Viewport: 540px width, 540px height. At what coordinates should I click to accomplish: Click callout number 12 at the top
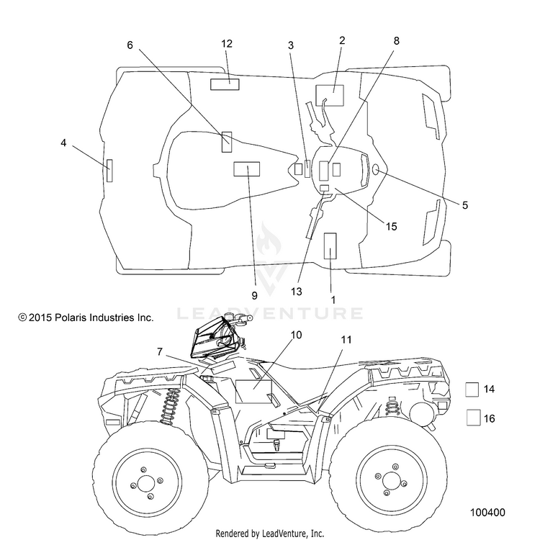[x=227, y=44]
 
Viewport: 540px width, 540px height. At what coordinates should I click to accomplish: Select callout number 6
[x=130, y=45]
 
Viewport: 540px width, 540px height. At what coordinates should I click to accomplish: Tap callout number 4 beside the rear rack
[x=63, y=143]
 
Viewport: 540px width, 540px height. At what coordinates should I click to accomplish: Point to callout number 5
[x=465, y=205]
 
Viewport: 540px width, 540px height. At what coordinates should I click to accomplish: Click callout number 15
[x=391, y=226]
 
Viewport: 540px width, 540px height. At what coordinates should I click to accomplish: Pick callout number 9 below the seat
[x=254, y=295]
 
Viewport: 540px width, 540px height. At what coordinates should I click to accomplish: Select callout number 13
[x=296, y=292]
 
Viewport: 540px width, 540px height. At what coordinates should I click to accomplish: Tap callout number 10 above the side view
[x=296, y=335]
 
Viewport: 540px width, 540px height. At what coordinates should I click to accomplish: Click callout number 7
[x=159, y=351]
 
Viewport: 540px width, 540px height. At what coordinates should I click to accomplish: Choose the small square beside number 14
[x=472, y=390]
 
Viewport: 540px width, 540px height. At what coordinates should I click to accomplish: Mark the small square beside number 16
[x=473, y=418]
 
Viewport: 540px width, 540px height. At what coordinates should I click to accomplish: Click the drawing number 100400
[x=487, y=513]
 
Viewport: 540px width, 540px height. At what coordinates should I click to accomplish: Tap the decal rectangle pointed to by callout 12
[x=225, y=84]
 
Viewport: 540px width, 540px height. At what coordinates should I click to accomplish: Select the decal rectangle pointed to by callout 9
[x=246, y=168]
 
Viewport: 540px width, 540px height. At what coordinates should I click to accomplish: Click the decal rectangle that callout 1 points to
[x=330, y=246]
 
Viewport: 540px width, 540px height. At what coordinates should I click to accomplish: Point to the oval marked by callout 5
[x=376, y=169]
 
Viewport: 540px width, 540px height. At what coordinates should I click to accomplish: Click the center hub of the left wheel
[x=146, y=484]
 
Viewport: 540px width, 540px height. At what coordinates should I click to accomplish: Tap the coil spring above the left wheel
[x=171, y=405]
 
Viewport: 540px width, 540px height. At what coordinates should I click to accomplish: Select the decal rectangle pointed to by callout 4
[x=109, y=170]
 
